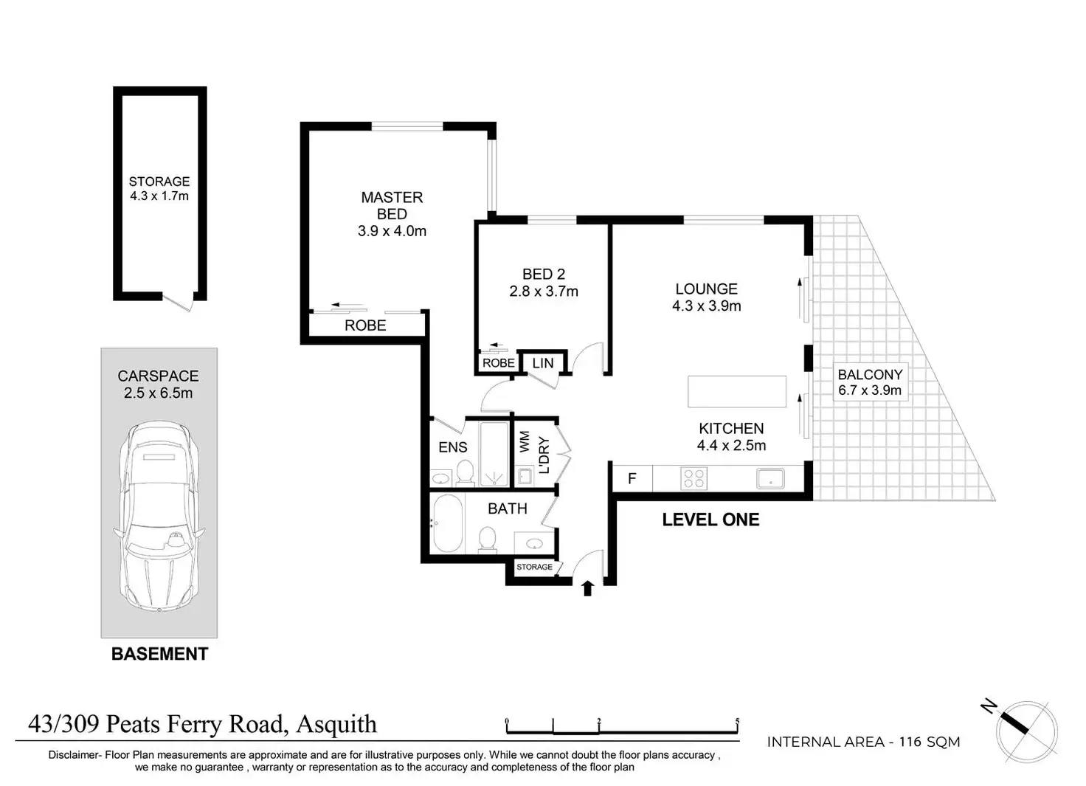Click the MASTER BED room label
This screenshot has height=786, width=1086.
click(x=392, y=206)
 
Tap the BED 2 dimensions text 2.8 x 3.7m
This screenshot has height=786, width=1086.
click(x=544, y=292)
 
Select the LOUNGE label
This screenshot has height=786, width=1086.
click(x=706, y=289)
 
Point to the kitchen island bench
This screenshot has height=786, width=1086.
click(x=736, y=391)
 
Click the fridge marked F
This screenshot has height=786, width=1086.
click(x=632, y=478)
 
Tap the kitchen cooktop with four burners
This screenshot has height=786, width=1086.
click(x=694, y=478)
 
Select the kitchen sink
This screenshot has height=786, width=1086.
click(x=770, y=478)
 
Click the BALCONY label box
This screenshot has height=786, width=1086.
click(x=870, y=382)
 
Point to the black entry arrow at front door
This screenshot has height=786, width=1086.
click(x=587, y=587)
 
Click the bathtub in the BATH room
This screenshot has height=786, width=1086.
click(x=448, y=523)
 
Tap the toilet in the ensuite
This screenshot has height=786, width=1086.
click(x=465, y=472)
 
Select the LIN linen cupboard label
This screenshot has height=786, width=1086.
click(x=543, y=363)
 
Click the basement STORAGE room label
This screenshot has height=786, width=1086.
click(x=159, y=182)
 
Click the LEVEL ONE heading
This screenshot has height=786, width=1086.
click(x=710, y=520)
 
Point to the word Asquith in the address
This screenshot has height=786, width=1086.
click(x=336, y=724)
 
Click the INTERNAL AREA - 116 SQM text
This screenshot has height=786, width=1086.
click(x=863, y=742)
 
